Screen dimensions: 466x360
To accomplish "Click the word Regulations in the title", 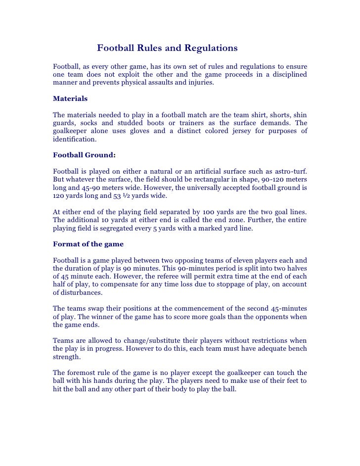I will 211,48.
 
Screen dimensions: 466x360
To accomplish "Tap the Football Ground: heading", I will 84,155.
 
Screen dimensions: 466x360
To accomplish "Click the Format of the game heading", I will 88,244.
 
